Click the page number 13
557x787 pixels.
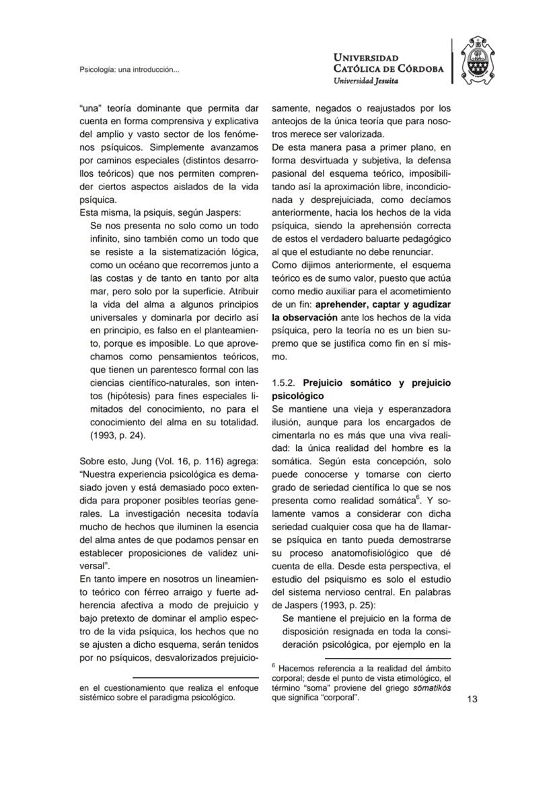(x=472, y=699)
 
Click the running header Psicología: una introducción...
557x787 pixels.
(x=129, y=69)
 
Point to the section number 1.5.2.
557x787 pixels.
(x=284, y=383)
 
